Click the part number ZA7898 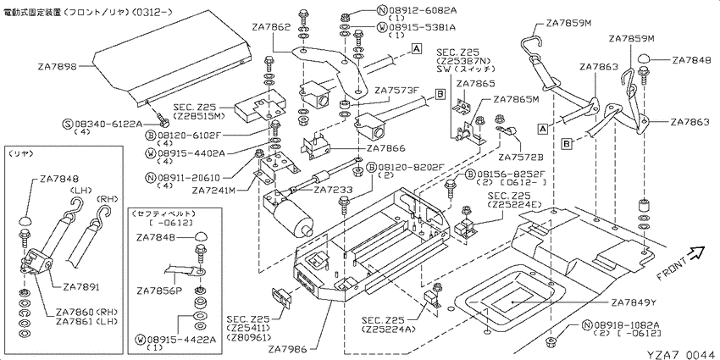[x=57, y=65]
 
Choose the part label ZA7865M [x=516, y=99]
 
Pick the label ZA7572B [x=521, y=158]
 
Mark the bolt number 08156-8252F [x=507, y=174]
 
